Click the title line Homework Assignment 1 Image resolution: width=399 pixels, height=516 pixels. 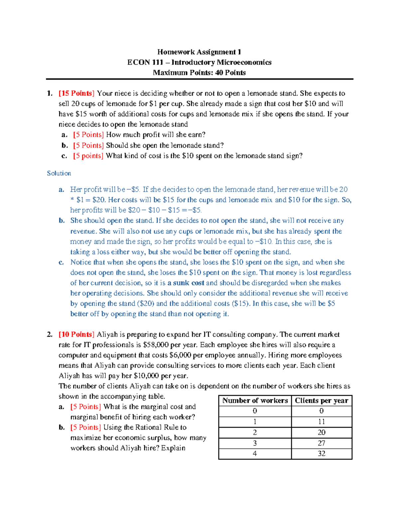[199, 52]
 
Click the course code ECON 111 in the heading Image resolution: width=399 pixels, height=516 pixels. [145, 62]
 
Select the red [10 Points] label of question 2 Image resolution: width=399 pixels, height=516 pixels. [76, 335]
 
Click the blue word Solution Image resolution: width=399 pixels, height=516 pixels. [59, 173]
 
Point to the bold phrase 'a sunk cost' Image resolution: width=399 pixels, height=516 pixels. [186, 283]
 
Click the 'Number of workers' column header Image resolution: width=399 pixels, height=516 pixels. [255, 401]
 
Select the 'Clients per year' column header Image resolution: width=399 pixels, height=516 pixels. [322, 401]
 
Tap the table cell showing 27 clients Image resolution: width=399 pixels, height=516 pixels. [322, 443]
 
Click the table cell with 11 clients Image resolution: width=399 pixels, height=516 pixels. [322, 422]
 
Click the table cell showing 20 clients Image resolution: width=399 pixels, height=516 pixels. [322, 433]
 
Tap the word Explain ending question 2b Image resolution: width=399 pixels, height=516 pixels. [173, 448]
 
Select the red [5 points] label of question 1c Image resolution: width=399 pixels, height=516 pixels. [88, 156]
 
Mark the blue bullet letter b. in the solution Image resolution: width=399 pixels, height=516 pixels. [62, 221]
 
